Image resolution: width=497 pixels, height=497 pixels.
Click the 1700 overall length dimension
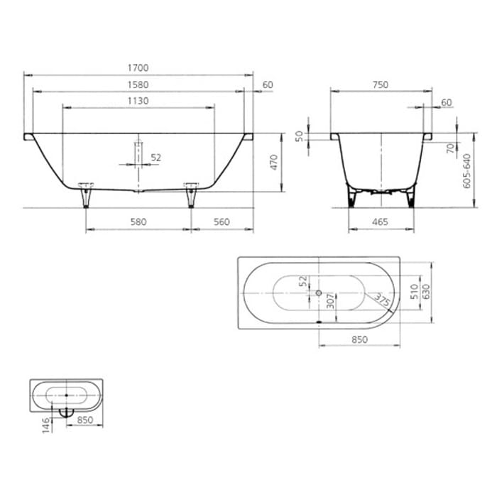(138, 68)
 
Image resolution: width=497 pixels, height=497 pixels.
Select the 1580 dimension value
(138, 85)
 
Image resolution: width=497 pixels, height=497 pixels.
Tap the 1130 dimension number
(138, 101)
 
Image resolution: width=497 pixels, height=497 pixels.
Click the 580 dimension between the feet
(138, 222)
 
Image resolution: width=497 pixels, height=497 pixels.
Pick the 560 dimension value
(222, 222)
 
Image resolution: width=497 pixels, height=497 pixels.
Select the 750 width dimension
(381, 84)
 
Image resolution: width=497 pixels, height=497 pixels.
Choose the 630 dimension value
(426, 292)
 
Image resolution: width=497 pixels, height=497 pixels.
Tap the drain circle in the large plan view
(319, 293)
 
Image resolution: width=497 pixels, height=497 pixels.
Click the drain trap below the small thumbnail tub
(65, 411)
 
